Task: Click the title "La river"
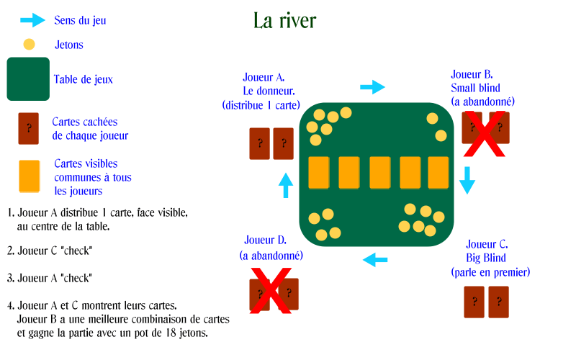[284, 20]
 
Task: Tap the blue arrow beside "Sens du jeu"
[32, 20]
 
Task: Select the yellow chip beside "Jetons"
[29, 45]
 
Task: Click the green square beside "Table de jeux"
[28, 79]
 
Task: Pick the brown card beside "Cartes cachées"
[29, 128]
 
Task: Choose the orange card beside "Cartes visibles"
[30, 176]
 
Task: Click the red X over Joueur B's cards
[484, 134]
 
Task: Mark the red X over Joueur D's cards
[271, 291]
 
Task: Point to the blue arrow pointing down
[467, 180]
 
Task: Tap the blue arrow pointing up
[286, 186]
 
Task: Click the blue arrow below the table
[375, 260]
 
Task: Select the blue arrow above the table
[372, 87]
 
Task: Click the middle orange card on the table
[380, 173]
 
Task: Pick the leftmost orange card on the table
[319, 173]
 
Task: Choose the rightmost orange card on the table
[438, 173]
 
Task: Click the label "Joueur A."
[264, 78]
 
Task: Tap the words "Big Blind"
[485, 258]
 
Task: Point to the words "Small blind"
[475, 88]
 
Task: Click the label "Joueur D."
[265, 240]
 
